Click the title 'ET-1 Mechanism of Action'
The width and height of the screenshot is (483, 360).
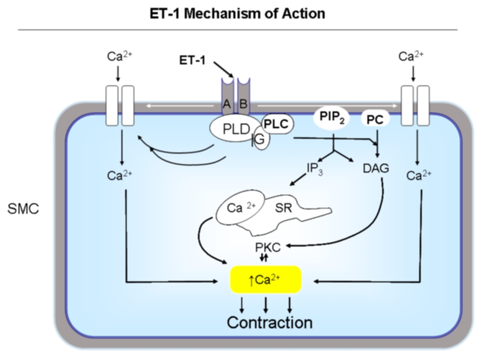[238, 14]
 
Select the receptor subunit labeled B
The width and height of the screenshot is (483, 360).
[243, 104]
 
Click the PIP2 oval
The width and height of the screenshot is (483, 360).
[331, 118]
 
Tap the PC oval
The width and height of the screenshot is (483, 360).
[375, 119]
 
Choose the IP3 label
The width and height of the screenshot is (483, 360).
[315, 169]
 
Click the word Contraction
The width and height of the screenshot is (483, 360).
[270, 322]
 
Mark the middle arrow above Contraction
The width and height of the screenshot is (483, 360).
[266, 304]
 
